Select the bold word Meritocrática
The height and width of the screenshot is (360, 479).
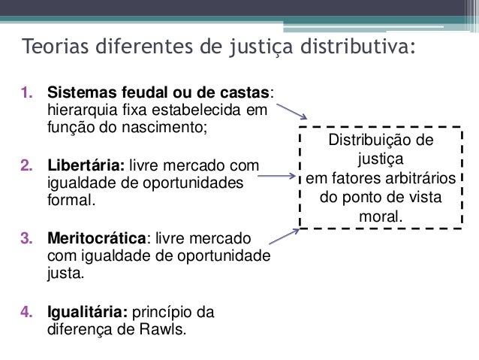(x=95, y=239)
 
